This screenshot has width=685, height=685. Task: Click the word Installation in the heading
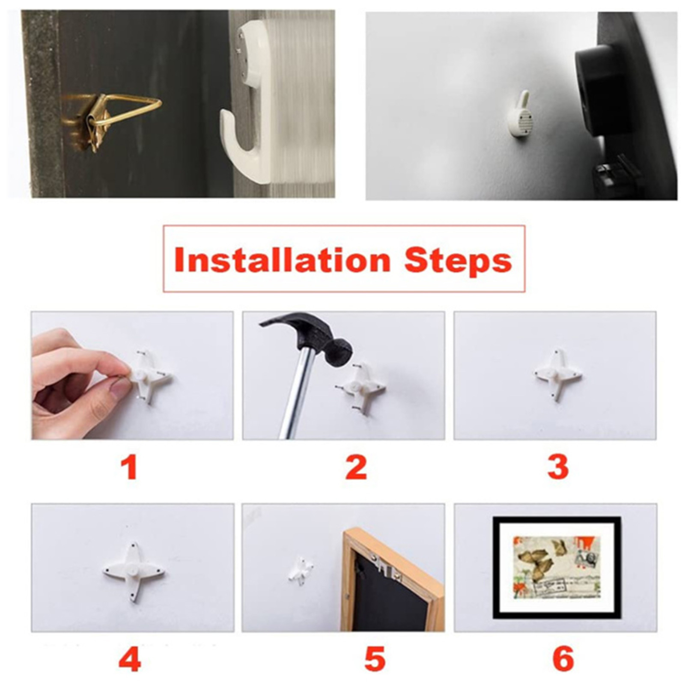pyautogui.click(x=282, y=260)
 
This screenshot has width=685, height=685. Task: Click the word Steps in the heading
pyautogui.click(x=458, y=260)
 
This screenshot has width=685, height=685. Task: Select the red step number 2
pyautogui.click(x=356, y=468)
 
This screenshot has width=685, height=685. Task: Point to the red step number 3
pyautogui.click(x=558, y=468)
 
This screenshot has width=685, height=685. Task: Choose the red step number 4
pyautogui.click(x=130, y=659)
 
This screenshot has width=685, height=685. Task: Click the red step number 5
pyautogui.click(x=375, y=659)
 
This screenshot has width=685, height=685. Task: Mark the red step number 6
pyautogui.click(x=563, y=659)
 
